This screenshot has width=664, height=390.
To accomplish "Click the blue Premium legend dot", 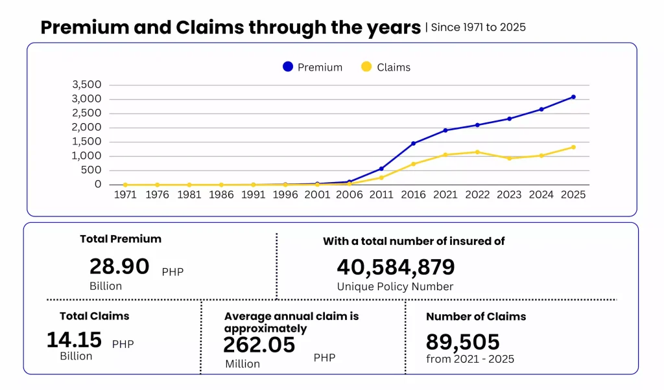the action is (x=288, y=67).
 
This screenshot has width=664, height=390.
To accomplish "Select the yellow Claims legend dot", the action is (x=366, y=67).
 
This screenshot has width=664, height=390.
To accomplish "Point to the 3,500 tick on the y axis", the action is (x=87, y=85).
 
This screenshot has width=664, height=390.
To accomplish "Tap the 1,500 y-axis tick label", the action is (x=87, y=142).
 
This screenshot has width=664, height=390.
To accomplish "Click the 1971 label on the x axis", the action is (x=125, y=194).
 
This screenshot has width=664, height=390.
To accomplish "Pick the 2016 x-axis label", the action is (x=413, y=194).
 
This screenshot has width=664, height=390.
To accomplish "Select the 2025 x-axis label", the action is (x=573, y=194).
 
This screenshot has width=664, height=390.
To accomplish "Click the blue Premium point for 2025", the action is (x=573, y=97).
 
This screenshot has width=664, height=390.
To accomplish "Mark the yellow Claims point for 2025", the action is (x=573, y=147).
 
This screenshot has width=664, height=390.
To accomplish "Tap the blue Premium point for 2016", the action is (x=413, y=143).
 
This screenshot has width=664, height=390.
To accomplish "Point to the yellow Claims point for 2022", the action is (x=477, y=152).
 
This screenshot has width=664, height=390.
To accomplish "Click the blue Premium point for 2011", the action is (x=381, y=169).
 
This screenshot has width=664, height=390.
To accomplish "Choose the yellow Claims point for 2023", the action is (x=510, y=158).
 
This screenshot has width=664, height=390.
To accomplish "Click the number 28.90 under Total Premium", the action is (x=119, y=267).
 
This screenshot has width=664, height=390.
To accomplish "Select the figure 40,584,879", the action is (x=396, y=268).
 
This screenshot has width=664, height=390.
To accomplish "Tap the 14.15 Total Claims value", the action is (x=74, y=339).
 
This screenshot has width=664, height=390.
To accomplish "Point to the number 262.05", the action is (x=259, y=345).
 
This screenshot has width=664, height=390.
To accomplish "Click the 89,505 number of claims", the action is (x=463, y=342).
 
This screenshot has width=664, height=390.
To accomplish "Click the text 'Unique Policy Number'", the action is (x=395, y=287).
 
